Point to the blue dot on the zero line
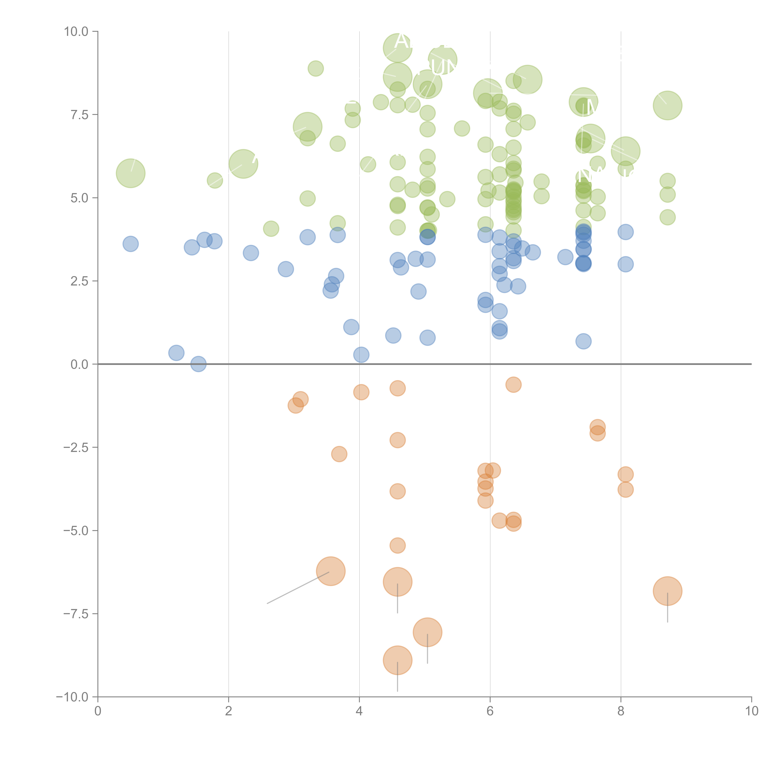198,364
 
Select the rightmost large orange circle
667,591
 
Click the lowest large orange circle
398,660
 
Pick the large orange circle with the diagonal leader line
331,571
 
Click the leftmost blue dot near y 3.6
130,244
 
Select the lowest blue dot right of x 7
583,341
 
